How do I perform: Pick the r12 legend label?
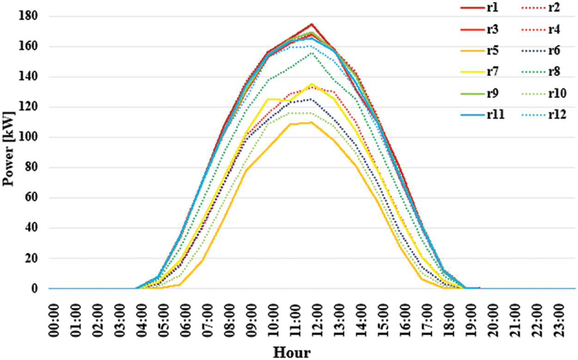coord(558,115)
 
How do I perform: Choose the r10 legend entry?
coord(558,94)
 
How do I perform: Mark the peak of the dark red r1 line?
coord(312,24)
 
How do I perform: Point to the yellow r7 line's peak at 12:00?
coord(312,84)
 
